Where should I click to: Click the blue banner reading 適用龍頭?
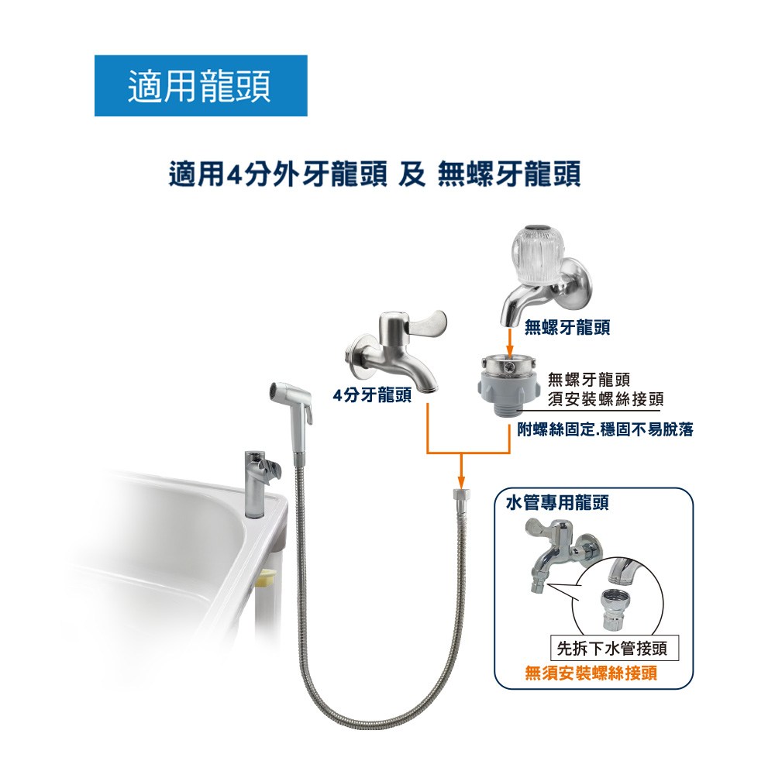[x=201, y=85]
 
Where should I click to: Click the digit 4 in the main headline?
[x=233, y=175]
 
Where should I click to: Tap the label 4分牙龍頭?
[x=372, y=395]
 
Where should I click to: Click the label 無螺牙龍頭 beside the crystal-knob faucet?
[x=567, y=327]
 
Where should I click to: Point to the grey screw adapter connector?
[x=509, y=381]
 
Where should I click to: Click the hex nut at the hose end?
[x=460, y=494]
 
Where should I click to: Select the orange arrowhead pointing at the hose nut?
[x=460, y=481]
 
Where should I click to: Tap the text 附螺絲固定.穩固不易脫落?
[x=605, y=429]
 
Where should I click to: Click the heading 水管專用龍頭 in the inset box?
[x=556, y=503]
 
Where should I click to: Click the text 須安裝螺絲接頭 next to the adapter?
[x=605, y=399]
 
